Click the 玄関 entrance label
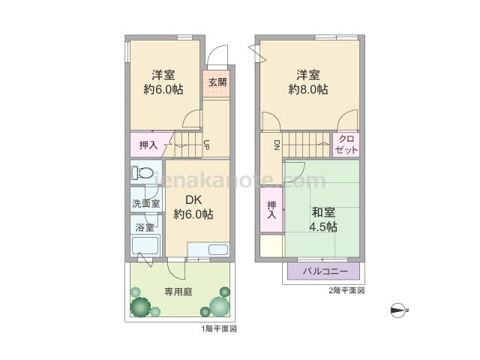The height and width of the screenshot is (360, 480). (217, 82)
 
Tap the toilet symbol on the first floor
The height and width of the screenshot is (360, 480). (142, 172)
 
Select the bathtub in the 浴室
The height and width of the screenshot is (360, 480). (145, 246)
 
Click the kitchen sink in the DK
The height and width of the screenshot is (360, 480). (218, 250)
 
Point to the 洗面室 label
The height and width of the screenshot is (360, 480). (146, 203)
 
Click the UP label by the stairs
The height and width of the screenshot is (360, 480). (207, 145)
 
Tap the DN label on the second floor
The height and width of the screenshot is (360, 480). (277, 145)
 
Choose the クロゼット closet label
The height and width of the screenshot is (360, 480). (346, 145)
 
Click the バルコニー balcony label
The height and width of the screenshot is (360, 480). (325, 271)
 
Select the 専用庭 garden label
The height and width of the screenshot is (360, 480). (178, 292)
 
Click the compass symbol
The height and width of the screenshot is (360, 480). (399, 310)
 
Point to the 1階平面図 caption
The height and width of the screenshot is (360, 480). (219, 329)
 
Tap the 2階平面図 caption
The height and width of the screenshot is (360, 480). (346, 290)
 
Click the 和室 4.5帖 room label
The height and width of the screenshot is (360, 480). (323, 220)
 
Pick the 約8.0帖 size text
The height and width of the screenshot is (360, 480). (308, 89)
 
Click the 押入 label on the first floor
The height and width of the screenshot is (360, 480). (148, 145)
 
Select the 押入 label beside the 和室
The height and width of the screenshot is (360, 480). (271, 210)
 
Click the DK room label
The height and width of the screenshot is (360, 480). (193, 200)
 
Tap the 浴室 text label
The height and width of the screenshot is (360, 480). (145, 227)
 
